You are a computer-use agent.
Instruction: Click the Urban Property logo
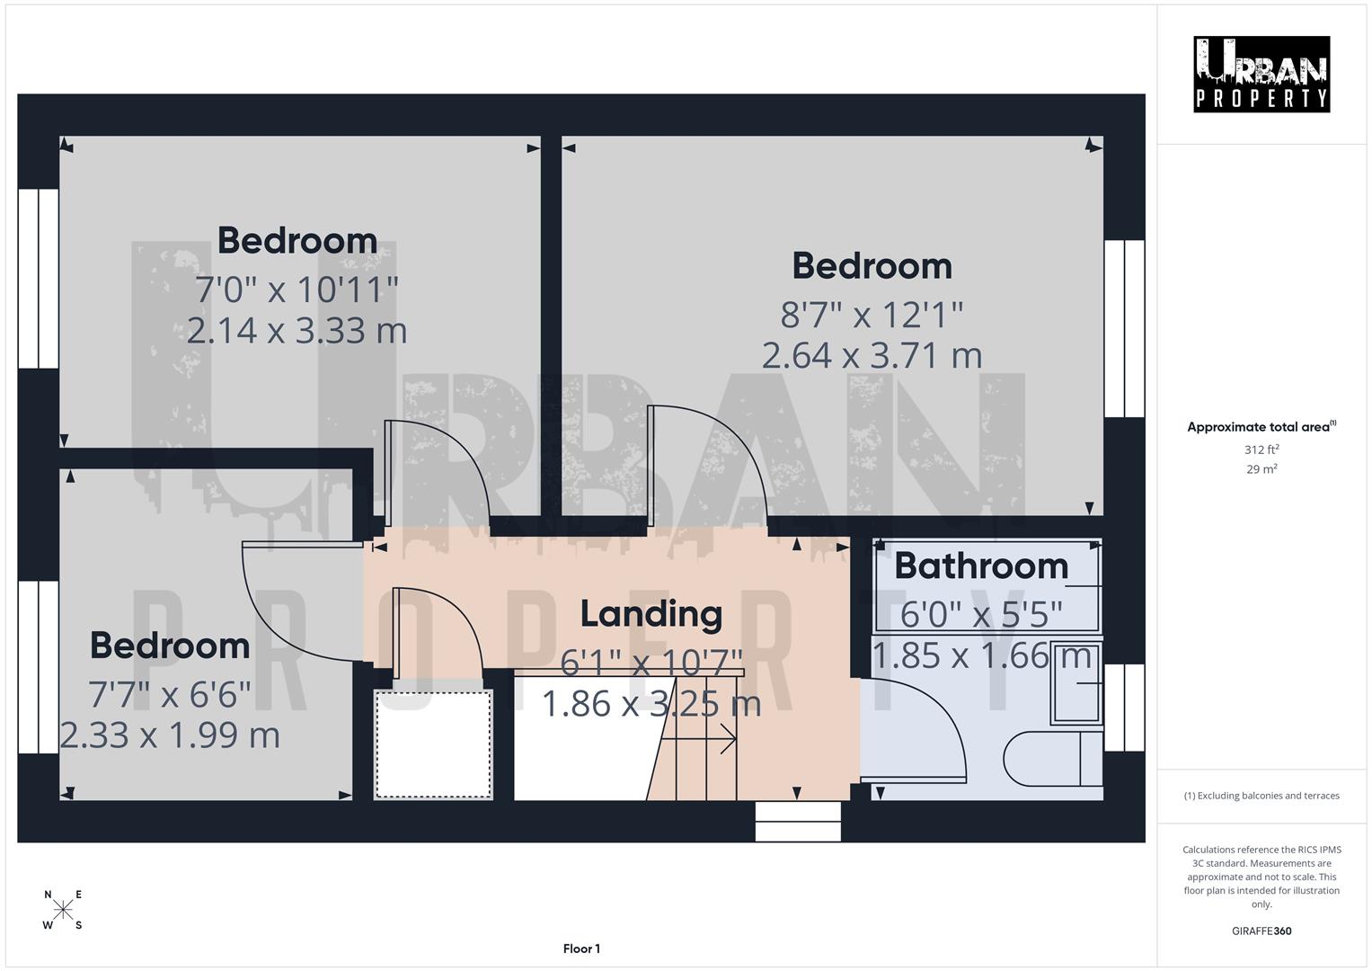tap(1261, 74)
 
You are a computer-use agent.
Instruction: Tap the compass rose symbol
tap(63, 910)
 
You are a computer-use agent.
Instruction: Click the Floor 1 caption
tap(581, 949)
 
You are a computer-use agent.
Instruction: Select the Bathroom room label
tap(981, 566)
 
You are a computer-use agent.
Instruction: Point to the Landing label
tap(651, 614)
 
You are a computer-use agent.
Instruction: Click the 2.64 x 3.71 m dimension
tap(872, 355)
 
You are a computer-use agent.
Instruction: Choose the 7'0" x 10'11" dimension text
tap(297, 290)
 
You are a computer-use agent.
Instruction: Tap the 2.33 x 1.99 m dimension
tap(170, 735)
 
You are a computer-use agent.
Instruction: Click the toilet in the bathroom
tap(1051, 759)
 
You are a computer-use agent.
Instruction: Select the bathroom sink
tap(1076, 683)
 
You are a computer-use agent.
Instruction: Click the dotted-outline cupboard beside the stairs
tap(433, 744)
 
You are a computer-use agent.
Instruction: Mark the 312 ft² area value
tap(1261, 450)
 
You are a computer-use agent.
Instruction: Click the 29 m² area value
tap(1261, 468)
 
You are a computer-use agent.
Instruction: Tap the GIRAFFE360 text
tap(1261, 931)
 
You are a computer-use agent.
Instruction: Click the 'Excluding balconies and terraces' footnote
tap(1261, 796)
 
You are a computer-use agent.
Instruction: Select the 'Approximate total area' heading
tap(1261, 427)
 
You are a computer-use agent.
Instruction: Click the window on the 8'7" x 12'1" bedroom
tap(1124, 328)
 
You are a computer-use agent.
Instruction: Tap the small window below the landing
tap(798, 821)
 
